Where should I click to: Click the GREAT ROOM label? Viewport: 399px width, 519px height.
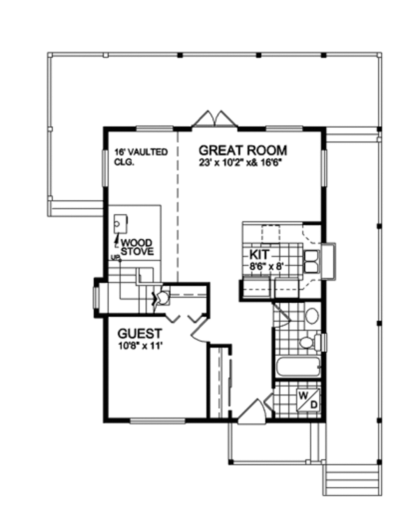tap(243, 151)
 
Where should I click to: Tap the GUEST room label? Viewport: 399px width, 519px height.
tap(140, 333)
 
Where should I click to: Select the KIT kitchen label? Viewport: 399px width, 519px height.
tap(260, 254)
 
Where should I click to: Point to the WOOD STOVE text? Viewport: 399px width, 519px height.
tap(137, 247)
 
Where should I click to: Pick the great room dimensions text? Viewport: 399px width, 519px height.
tap(240, 163)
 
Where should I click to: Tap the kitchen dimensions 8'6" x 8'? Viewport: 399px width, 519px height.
tap(268, 266)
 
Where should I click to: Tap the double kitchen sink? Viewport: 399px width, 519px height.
tap(312, 261)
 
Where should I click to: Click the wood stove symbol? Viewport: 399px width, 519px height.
tap(120, 224)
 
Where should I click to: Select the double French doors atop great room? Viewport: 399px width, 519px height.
tap(215, 118)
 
